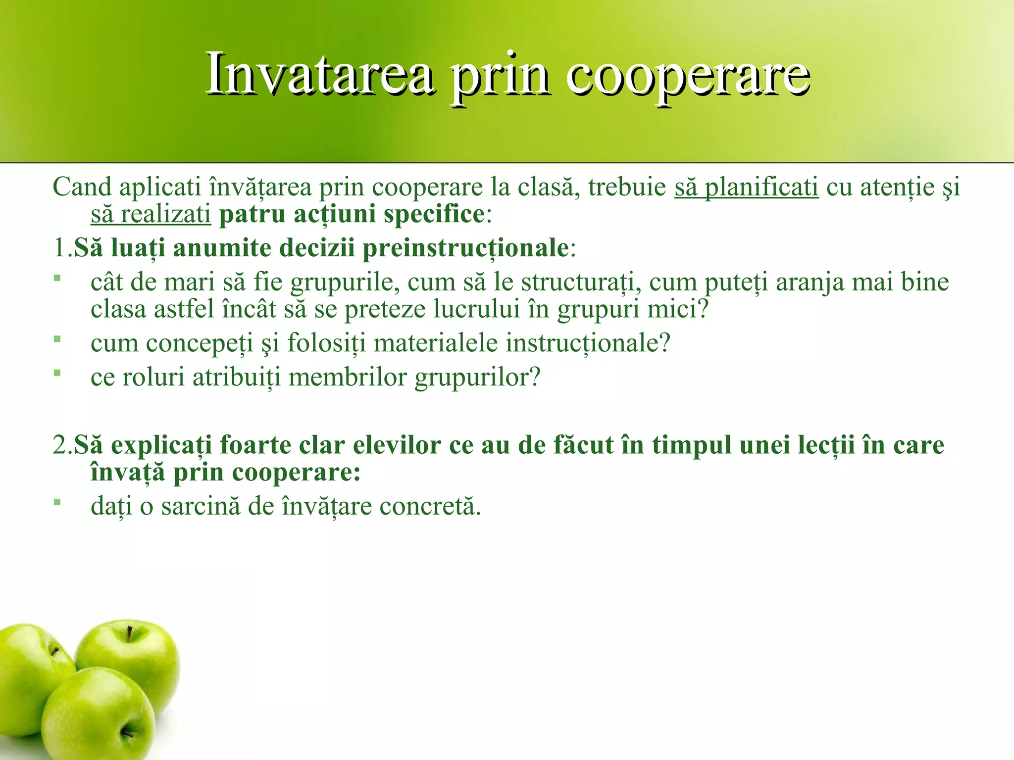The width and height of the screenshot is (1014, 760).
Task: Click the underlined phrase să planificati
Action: (746, 188)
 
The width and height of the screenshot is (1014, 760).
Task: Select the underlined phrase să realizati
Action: (151, 215)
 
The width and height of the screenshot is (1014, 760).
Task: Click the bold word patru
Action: (253, 215)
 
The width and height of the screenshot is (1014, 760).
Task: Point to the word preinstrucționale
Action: (465, 248)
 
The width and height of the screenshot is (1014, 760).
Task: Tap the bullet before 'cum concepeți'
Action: (57, 339)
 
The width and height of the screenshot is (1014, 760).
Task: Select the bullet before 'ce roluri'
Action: (57, 373)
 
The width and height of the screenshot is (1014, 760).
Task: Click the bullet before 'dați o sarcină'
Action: (57, 502)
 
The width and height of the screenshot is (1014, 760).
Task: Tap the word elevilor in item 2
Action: (397, 445)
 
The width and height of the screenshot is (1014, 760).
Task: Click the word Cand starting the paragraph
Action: (82, 188)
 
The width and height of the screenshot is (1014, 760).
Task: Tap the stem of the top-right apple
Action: (130, 634)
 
